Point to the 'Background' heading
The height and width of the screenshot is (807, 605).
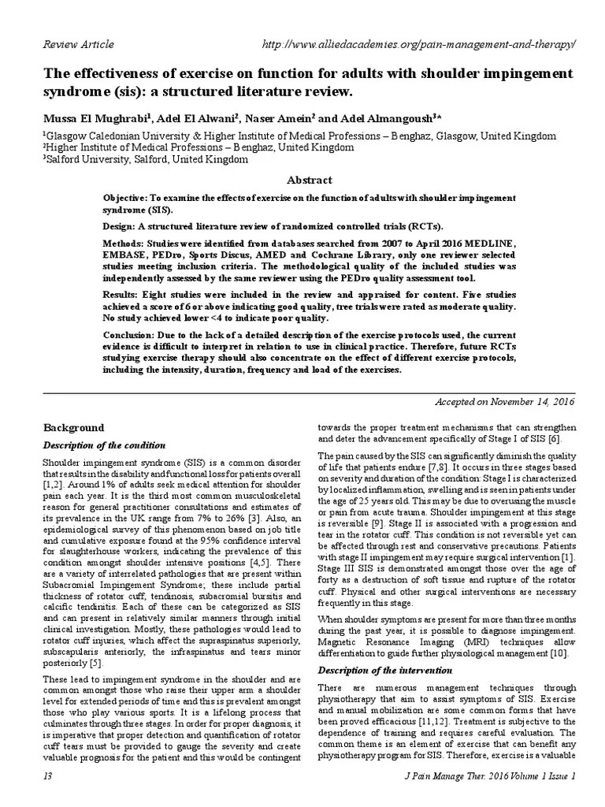pos(72,428)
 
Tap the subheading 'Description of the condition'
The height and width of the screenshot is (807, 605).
pos(103,445)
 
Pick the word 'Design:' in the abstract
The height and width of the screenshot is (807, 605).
pos(121,225)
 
